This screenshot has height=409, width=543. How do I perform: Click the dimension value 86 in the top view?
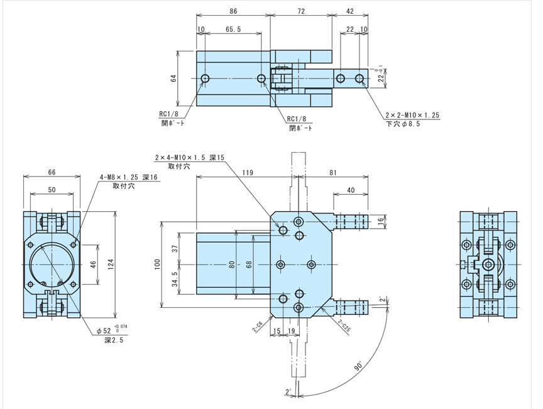233,11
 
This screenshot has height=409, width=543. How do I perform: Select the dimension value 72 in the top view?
300,11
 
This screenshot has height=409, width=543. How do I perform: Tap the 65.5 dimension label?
233,30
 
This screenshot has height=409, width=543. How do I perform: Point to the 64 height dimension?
173,78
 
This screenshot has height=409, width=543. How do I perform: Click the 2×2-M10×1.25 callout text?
412,115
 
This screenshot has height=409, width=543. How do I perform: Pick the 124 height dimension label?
111,264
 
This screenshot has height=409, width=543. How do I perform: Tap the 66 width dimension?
52,172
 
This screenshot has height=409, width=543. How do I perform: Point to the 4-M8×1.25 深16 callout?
129,177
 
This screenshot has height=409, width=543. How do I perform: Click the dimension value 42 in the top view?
350,11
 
